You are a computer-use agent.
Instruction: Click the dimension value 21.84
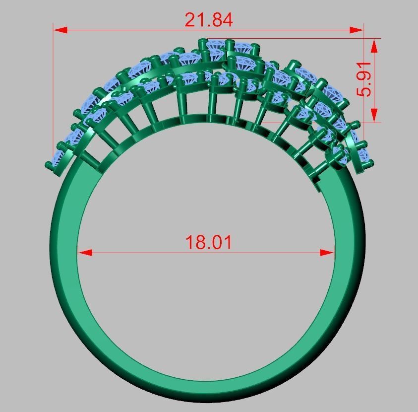click(208, 20)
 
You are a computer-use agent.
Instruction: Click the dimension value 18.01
click(208, 243)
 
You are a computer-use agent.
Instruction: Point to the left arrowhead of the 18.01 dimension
click(85, 253)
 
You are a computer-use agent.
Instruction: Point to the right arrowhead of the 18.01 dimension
click(328, 253)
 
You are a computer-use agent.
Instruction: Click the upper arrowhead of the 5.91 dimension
click(374, 45)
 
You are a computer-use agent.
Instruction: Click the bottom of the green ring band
click(208, 392)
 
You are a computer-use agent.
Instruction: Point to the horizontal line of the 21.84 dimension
click(124, 30)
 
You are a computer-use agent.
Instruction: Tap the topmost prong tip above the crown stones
click(202, 41)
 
